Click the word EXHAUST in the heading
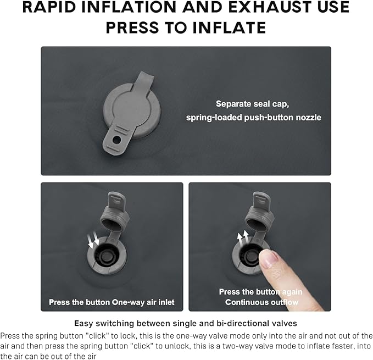(x=269, y=7)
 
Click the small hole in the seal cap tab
(x=116, y=140)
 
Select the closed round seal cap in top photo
(x=132, y=110)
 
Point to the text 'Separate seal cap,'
(x=252, y=104)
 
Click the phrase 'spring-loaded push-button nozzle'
(x=254, y=118)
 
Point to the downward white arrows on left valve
(x=93, y=240)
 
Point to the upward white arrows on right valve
(x=243, y=239)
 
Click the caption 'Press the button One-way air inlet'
(x=112, y=302)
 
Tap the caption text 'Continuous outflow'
(x=261, y=302)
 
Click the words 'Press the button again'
(x=261, y=292)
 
